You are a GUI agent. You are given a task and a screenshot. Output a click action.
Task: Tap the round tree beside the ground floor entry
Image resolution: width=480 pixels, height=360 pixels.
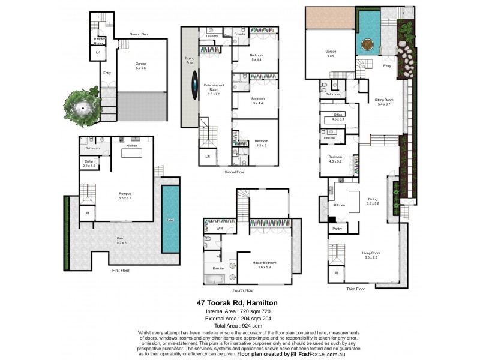click(x=81, y=109)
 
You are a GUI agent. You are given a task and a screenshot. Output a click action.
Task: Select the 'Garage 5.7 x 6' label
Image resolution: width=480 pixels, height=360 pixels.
click(x=141, y=65)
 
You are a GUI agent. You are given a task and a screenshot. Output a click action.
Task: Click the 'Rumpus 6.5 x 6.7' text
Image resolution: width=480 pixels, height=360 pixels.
click(x=125, y=195)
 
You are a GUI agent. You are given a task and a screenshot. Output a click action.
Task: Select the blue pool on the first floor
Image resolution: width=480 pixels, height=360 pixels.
click(x=170, y=218)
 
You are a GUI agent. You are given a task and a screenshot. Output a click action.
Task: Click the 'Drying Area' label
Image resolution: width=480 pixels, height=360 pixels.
click(x=190, y=59)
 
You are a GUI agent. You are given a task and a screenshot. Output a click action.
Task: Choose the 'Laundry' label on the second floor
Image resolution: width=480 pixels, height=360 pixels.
click(x=211, y=36)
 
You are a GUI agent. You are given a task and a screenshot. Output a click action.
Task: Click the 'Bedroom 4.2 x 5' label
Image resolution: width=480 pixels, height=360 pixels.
click(x=261, y=143)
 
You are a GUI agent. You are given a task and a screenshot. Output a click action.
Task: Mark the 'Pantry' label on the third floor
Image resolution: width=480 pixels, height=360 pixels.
click(x=337, y=229)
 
